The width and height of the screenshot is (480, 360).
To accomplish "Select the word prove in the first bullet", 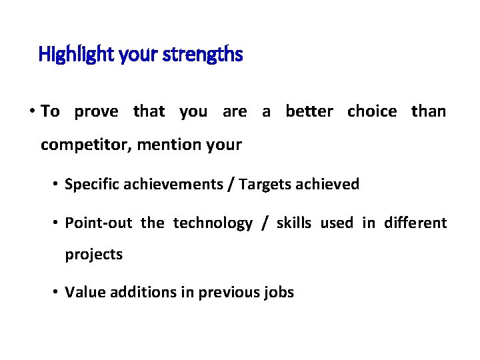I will point(96,111).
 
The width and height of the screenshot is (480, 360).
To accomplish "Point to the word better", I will point(309,111).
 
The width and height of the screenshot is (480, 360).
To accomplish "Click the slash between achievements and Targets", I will point(231,185).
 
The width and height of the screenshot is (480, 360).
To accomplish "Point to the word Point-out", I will point(98,223).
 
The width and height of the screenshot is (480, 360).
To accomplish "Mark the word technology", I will point(213,223).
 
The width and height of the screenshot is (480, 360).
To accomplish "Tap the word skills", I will point(293,223).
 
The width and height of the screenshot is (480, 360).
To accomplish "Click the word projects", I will point(93,255).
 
